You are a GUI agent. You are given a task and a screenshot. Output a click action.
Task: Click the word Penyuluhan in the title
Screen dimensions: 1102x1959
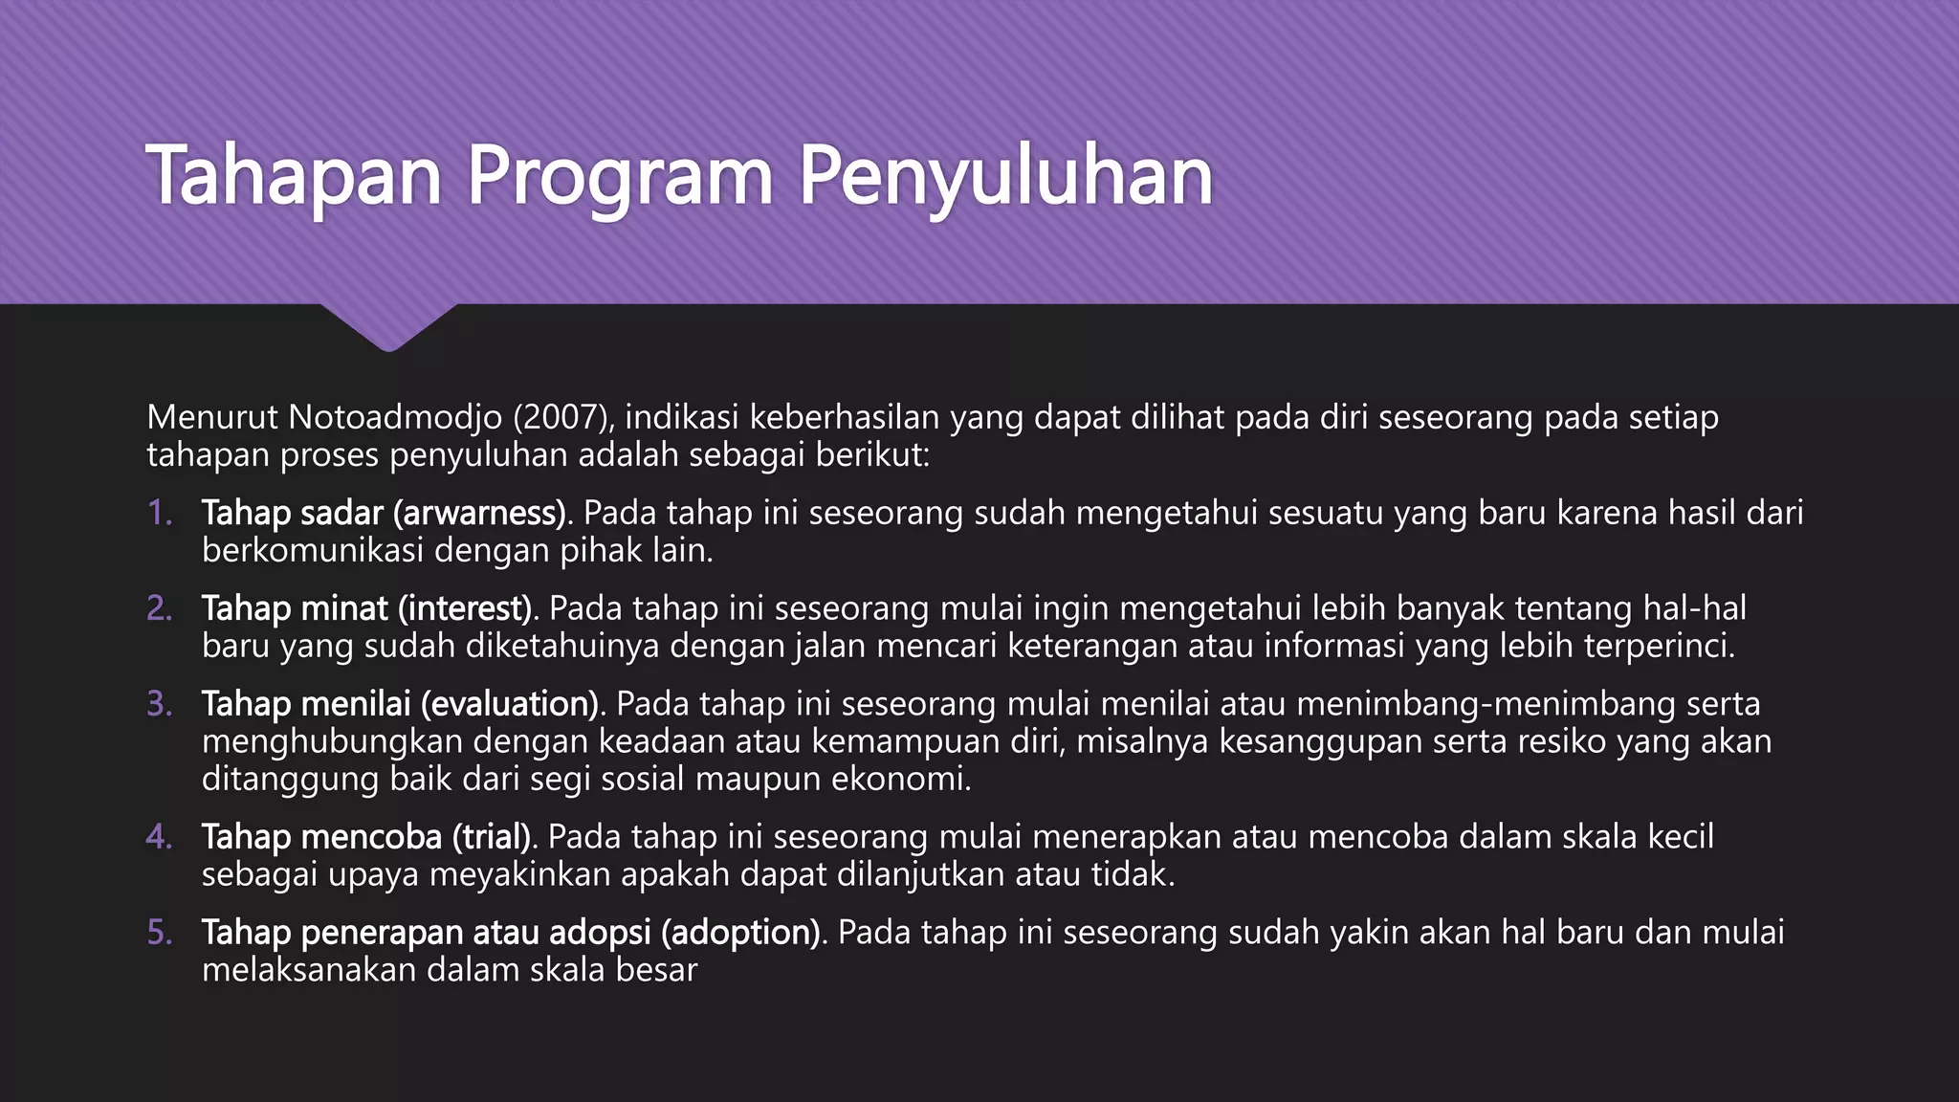[1005, 177]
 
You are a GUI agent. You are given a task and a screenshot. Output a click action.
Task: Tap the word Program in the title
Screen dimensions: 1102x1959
[619, 177]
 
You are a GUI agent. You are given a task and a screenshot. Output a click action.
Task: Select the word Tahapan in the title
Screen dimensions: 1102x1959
[294, 177]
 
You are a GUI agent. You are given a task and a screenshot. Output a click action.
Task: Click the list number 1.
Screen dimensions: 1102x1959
[160, 514]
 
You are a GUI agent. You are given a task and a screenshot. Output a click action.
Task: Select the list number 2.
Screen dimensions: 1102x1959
[160, 609]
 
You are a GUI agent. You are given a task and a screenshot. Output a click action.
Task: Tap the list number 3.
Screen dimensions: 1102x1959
[160, 705]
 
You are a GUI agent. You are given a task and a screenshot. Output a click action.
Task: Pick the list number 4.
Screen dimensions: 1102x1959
[160, 838]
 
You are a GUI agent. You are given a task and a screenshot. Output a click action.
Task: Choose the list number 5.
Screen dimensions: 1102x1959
[160, 933]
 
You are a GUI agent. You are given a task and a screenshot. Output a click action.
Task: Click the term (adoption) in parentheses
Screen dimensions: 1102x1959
[741, 933]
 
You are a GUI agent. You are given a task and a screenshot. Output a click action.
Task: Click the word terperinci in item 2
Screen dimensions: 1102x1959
[1659, 647]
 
